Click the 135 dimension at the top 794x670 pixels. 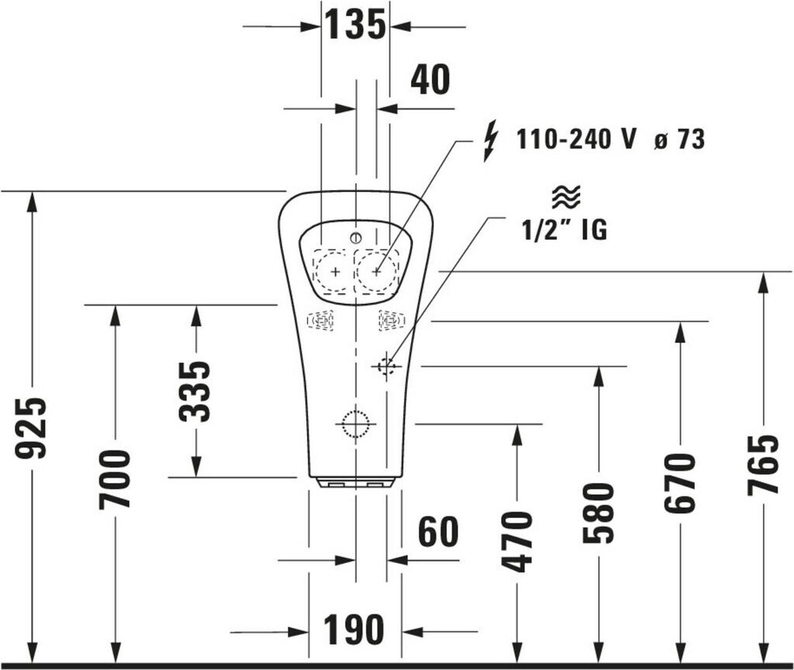tap(355, 24)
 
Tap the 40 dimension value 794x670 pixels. tap(430, 80)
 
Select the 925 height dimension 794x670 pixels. tap(31, 428)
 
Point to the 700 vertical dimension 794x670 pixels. tap(115, 479)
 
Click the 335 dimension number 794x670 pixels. tap(195, 392)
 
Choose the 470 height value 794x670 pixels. tap(516, 542)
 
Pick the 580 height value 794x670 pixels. tap(599, 513)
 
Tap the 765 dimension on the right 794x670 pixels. tap(763, 465)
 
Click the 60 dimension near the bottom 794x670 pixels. tap(439, 531)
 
